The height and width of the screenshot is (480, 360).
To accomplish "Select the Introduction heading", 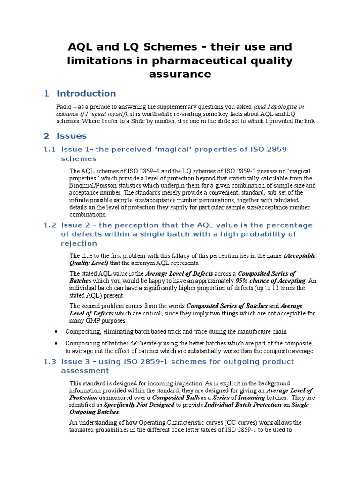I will tap(86, 93).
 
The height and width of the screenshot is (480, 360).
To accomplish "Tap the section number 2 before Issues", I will tap(46, 136).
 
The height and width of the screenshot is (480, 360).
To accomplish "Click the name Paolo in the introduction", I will tap(64, 106).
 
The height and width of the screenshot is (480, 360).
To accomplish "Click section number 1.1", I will tap(50, 149).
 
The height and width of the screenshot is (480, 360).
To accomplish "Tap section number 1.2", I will tap(50, 225).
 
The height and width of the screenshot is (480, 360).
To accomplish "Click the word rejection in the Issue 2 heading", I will tap(79, 243).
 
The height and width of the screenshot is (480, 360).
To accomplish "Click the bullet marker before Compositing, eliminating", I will tap(56, 331).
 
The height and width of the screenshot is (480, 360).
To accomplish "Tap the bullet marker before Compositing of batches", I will tap(56, 343).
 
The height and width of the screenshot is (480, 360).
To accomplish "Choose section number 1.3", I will tap(50, 361).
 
